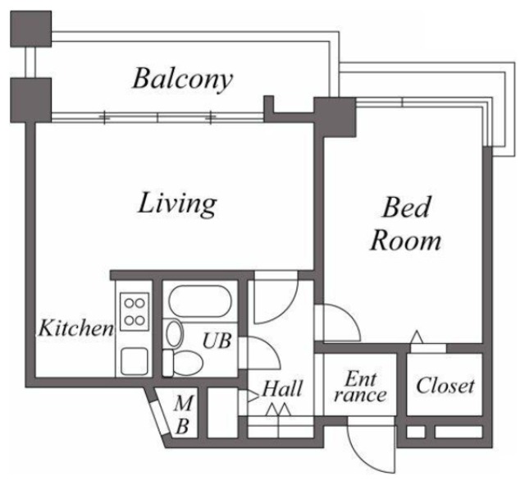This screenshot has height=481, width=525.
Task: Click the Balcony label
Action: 183,79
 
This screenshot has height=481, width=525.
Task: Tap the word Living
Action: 176,202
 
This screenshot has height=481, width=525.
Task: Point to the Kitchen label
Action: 75,329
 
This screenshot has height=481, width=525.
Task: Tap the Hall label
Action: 283,387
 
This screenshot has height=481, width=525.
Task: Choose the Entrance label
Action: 362,387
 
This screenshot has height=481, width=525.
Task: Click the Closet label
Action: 445,384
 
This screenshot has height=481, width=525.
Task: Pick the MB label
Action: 185,414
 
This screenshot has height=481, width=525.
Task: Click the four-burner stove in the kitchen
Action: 134,311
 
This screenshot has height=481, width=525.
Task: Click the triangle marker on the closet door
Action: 418,337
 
